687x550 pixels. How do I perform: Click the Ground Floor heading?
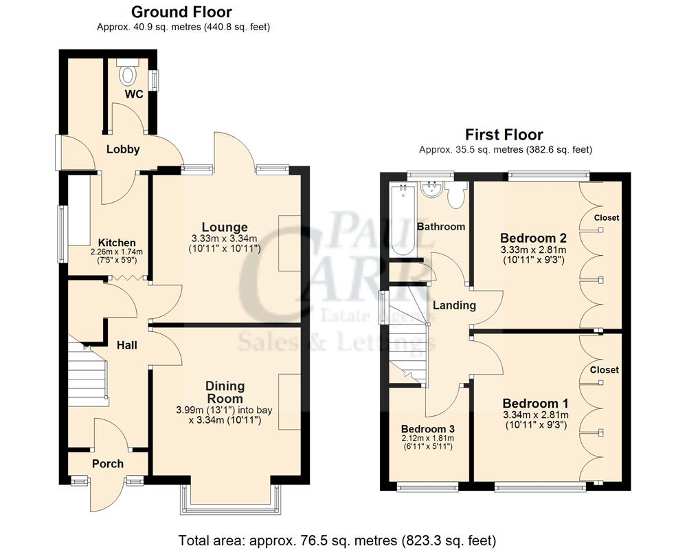[x=181, y=12]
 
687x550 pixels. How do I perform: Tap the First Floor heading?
[x=504, y=135]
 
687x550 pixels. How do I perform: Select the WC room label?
[x=134, y=94]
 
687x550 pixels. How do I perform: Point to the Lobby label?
[x=123, y=149]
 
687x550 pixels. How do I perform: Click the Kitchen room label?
[x=117, y=243]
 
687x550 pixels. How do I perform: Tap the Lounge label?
[x=225, y=227]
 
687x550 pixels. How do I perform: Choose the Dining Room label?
[x=225, y=392]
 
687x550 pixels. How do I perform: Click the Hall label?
[x=126, y=344]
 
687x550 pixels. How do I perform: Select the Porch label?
[x=108, y=463]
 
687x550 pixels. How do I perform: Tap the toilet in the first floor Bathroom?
[x=455, y=196]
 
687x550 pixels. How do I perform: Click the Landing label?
[x=454, y=305]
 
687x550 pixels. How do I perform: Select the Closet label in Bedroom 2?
[x=606, y=218]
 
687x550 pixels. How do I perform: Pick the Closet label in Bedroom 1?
[x=605, y=370]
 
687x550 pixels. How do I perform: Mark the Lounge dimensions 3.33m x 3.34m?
[x=225, y=239]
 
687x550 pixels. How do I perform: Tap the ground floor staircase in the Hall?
[x=88, y=371]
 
